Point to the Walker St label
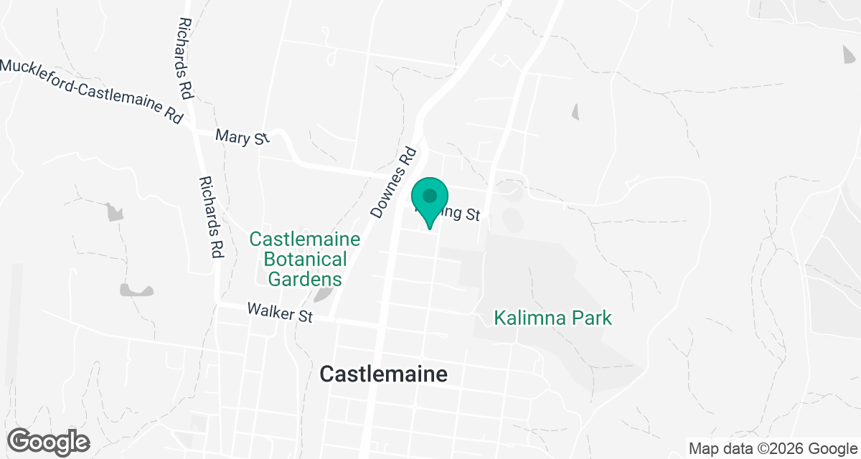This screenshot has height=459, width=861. point(279,313)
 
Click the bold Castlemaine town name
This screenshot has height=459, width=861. point(383,374)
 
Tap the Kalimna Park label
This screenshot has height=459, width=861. point(552,317)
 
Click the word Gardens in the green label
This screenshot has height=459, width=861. point(305,278)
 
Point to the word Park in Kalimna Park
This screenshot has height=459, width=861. point(591,317)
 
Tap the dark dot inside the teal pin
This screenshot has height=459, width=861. point(430,195)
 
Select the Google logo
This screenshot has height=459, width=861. point(48,441)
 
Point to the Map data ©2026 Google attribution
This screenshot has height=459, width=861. point(771,448)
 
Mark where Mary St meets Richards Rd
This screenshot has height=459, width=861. point(195,130)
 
